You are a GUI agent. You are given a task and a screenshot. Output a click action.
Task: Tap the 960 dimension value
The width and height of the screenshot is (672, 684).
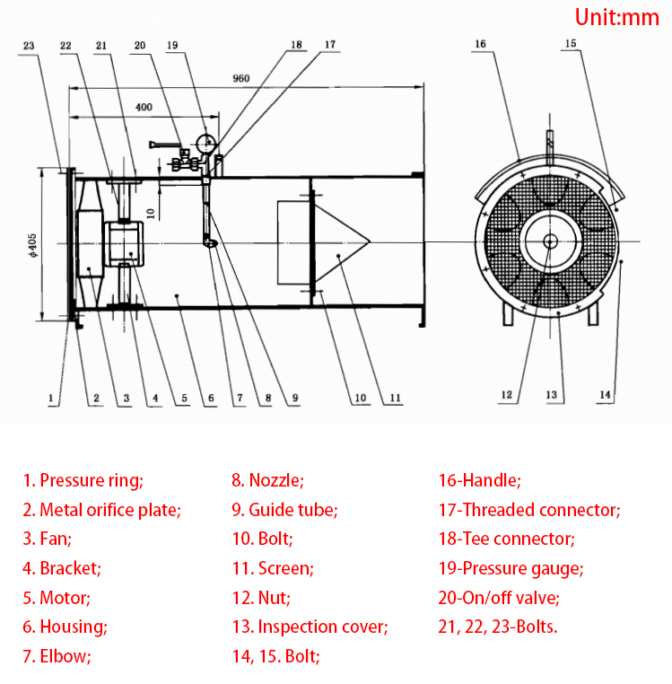(x=240, y=78)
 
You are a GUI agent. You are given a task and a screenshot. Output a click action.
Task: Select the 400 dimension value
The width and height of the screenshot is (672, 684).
(x=143, y=107)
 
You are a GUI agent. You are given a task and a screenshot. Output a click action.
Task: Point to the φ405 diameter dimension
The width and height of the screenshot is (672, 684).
(x=32, y=242)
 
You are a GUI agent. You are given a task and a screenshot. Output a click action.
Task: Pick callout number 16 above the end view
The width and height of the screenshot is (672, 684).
(x=480, y=44)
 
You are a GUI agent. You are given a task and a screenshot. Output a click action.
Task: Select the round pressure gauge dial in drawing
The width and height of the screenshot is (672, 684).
(x=206, y=141)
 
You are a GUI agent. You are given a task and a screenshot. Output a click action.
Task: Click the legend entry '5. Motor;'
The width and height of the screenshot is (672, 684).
(x=57, y=597)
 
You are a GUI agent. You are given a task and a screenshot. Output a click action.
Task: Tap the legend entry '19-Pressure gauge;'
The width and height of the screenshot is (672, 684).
(x=510, y=568)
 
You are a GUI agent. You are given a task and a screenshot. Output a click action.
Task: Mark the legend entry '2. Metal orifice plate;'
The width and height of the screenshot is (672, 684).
(x=101, y=510)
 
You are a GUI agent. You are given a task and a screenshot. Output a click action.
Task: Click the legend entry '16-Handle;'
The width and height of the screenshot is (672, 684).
(x=479, y=481)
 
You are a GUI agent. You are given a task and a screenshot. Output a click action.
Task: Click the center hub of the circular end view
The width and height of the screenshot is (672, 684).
(x=550, y=240)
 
